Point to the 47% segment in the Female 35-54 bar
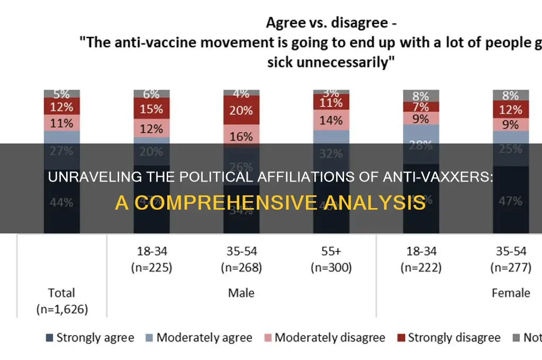coord(511,200)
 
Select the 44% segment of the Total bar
coord(62,202)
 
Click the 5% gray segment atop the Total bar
coord(62,94)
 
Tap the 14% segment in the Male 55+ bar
coord(331,120)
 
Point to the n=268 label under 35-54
coord(241,268)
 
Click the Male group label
coord(241,292)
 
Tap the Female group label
coord(511,292)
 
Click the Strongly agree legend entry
coord(90,337)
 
